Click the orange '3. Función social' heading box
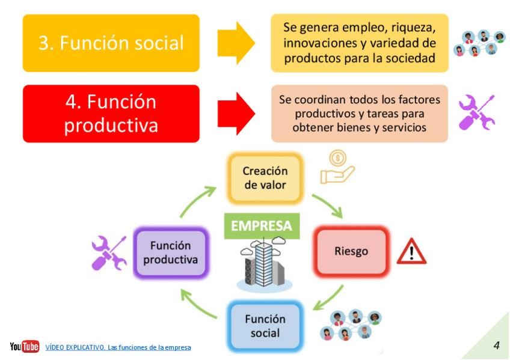pos(111,43)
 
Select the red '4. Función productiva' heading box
pos(111,114)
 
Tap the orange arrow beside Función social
pos(236,43)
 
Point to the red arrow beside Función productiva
pos(236,114)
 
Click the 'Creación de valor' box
pos(265,178)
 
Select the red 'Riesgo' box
pos(351,251)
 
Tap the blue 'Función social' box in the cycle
pos(265,325)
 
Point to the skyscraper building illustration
pos(262,264)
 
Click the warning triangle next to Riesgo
pos(411,252)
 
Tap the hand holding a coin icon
pos(337,166)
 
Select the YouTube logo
pos(24,347)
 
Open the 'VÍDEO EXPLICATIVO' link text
pos(118,347)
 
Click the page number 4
pos(496,345)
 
